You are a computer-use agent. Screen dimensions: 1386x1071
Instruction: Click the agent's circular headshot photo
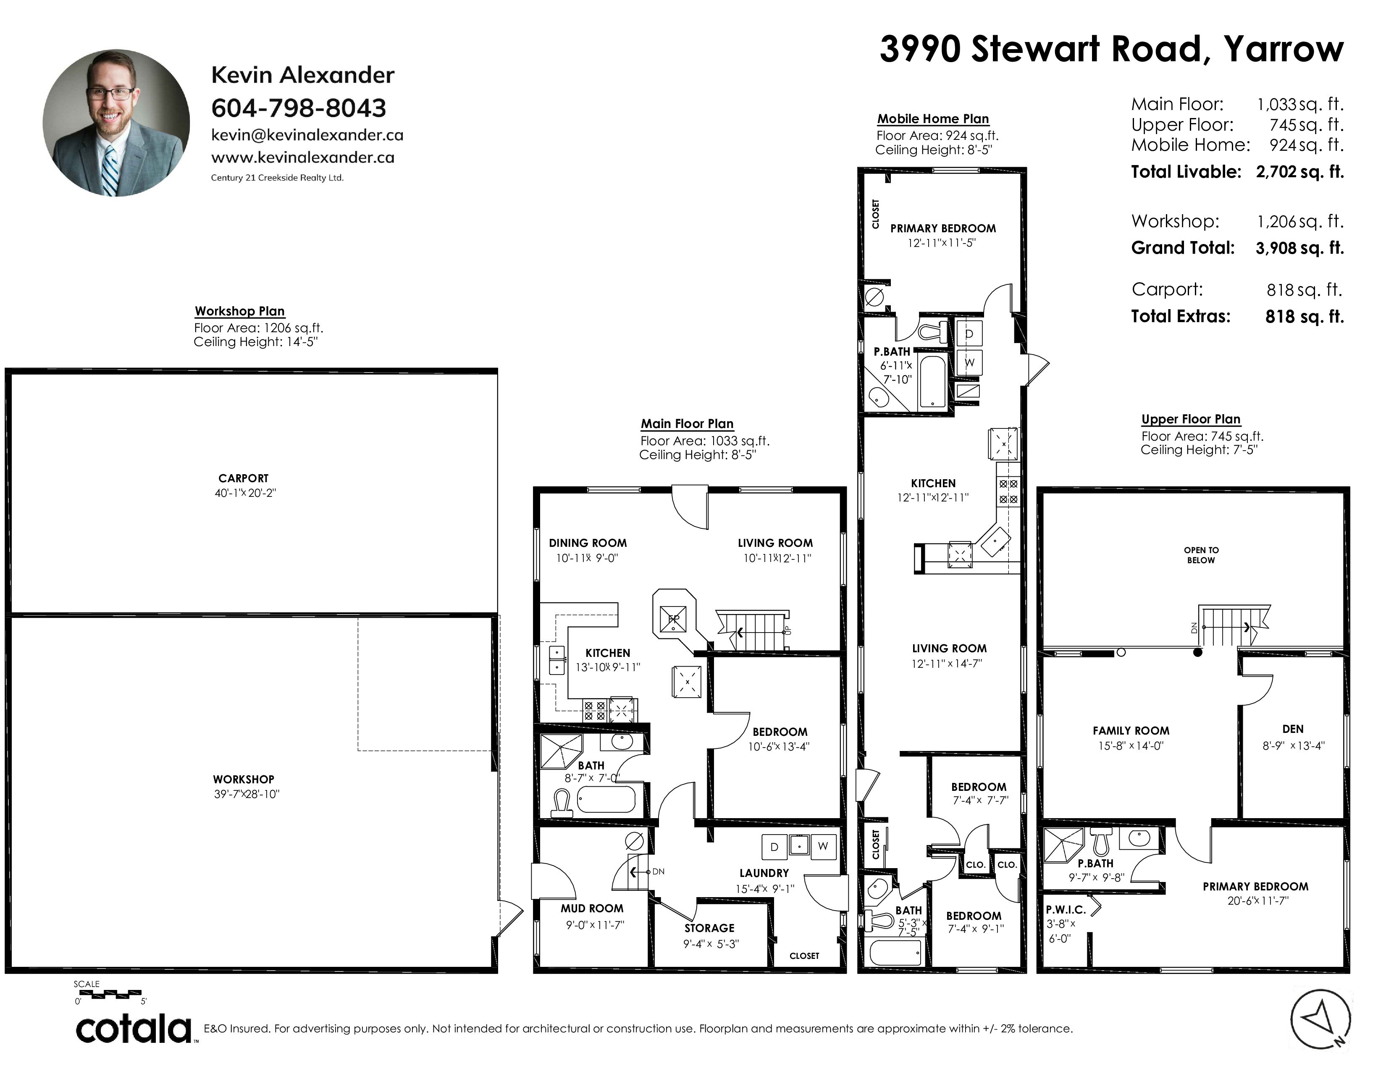coord(116,123)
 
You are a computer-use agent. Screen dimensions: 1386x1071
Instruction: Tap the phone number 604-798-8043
coord(298,108)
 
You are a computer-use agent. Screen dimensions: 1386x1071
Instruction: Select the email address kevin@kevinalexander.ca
coord(307,135)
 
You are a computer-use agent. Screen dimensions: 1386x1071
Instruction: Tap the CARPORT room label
coord(243,478)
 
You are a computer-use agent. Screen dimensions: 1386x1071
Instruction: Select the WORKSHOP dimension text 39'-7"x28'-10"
coord(246,794)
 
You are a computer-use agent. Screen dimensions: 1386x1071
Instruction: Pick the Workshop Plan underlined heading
coord(239,311)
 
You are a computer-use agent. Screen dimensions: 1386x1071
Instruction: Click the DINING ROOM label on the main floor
coord(588,543)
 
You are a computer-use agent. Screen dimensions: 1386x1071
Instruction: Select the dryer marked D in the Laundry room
coord(774,846)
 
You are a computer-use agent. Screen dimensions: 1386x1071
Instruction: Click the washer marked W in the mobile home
coord(969,362)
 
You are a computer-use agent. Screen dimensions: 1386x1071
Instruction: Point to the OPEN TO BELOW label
coord(1201,555)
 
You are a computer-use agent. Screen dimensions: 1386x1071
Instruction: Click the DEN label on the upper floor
coord(1293,729)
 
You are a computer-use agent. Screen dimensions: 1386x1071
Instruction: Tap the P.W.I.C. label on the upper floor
coord(1066,910)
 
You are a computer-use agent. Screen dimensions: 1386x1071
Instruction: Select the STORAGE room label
coord(709,928)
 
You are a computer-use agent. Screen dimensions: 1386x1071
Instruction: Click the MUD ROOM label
coord(592,908)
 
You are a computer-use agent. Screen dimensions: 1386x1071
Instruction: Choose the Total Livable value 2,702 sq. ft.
coord(1300,171)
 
